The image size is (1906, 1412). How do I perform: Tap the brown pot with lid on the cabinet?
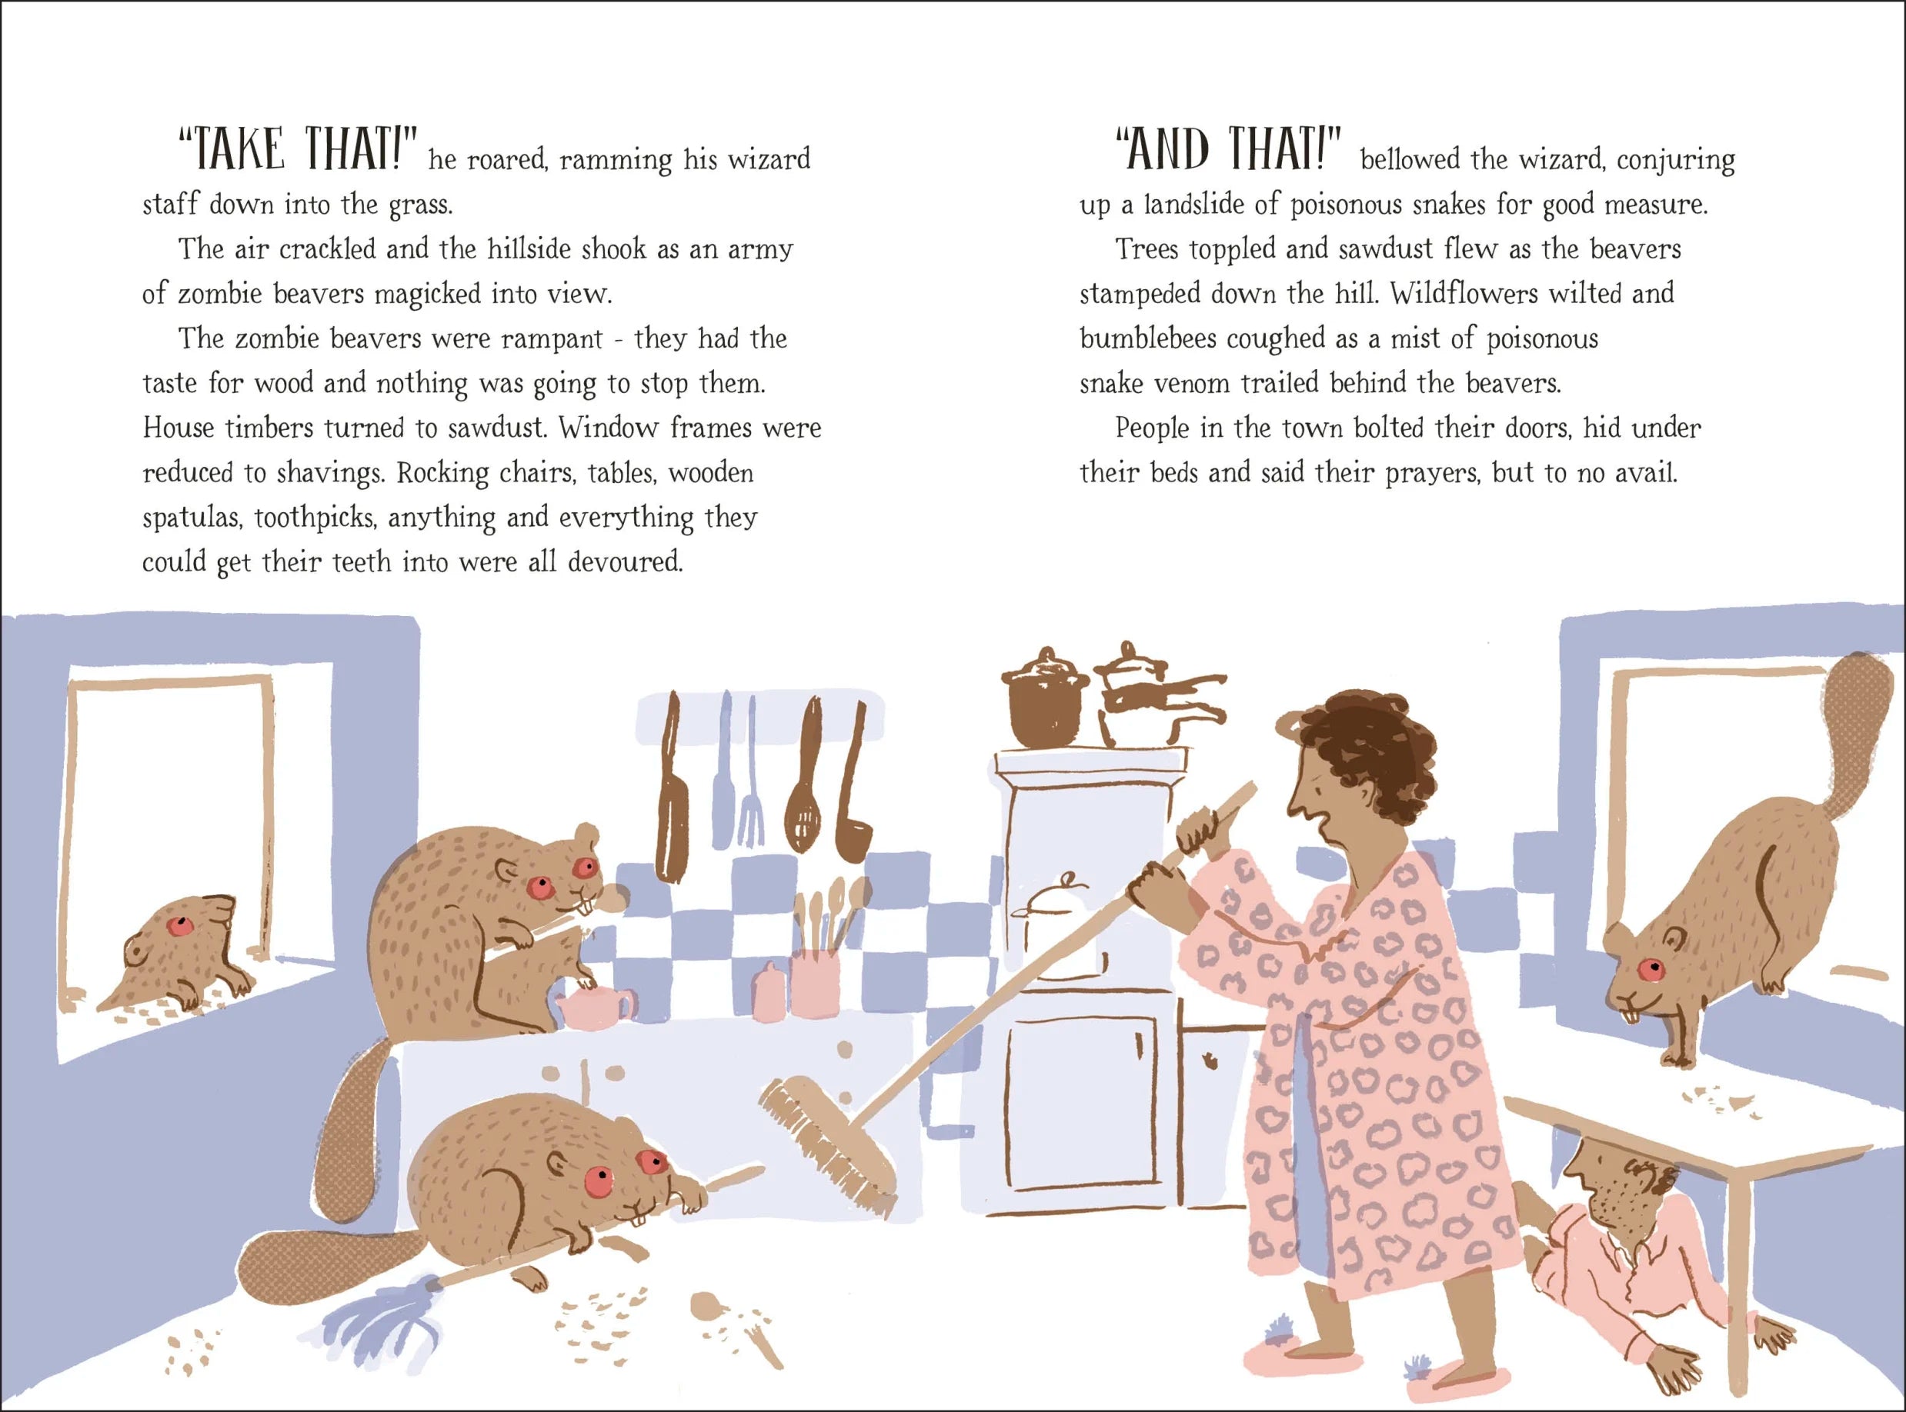coord(1045,698)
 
